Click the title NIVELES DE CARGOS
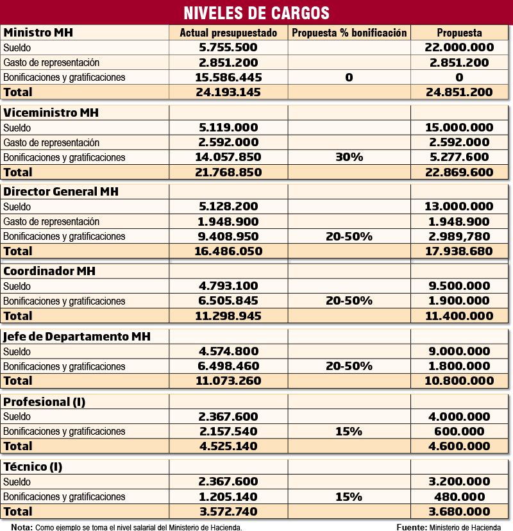[256, 12]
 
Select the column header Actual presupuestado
[228, 33]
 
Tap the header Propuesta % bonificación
[349, 33]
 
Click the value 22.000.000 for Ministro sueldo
[459, 47]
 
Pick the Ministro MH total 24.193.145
[228, 92]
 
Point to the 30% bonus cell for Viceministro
[349, 157]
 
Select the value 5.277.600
[459, 157]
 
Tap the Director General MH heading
[61, 192]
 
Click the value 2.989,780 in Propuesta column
[459, 236]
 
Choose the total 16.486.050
[228, 251]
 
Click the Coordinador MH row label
[49, 271]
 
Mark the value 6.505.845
[228, 301]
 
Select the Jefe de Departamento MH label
[77, 337]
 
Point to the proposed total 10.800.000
[459, 380]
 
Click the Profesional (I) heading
[44, 402]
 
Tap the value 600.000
[459, 431]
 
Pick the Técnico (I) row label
[33, 467]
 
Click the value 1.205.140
[228, 496]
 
